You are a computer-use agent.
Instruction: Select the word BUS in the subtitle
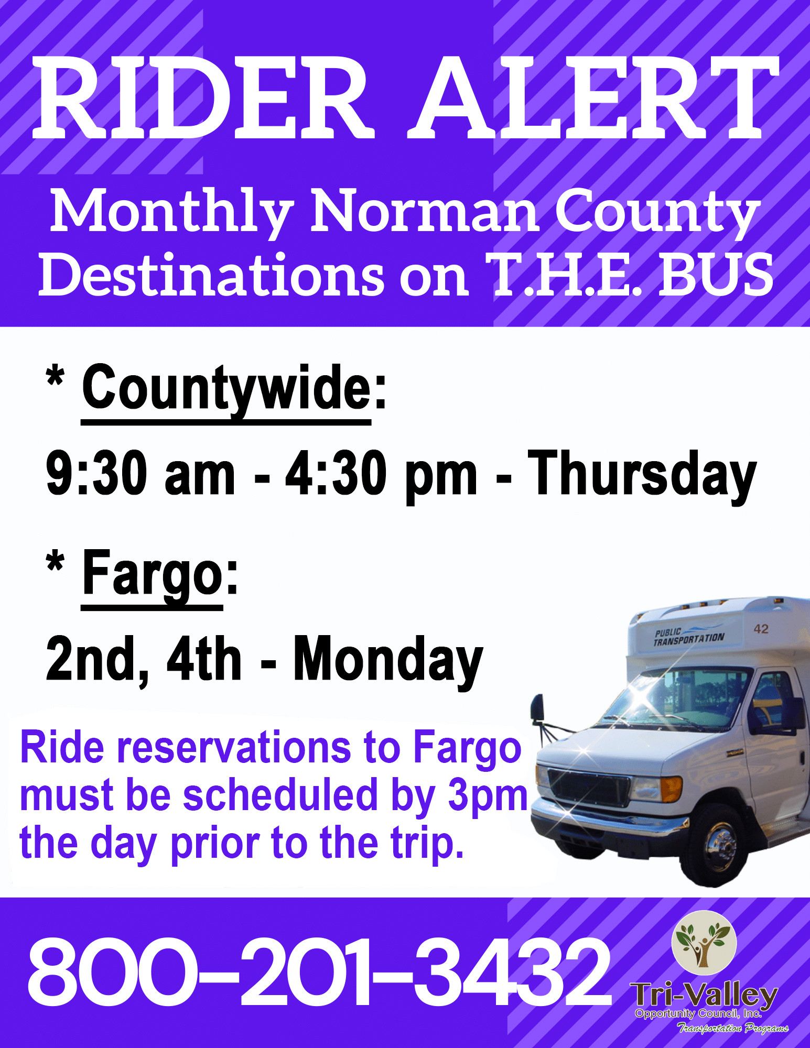716,274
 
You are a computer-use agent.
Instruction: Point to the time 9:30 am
141,473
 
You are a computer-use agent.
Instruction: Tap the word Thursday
642,474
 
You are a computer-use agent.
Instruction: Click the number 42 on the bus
761,629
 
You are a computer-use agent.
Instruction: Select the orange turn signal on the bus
672,789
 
